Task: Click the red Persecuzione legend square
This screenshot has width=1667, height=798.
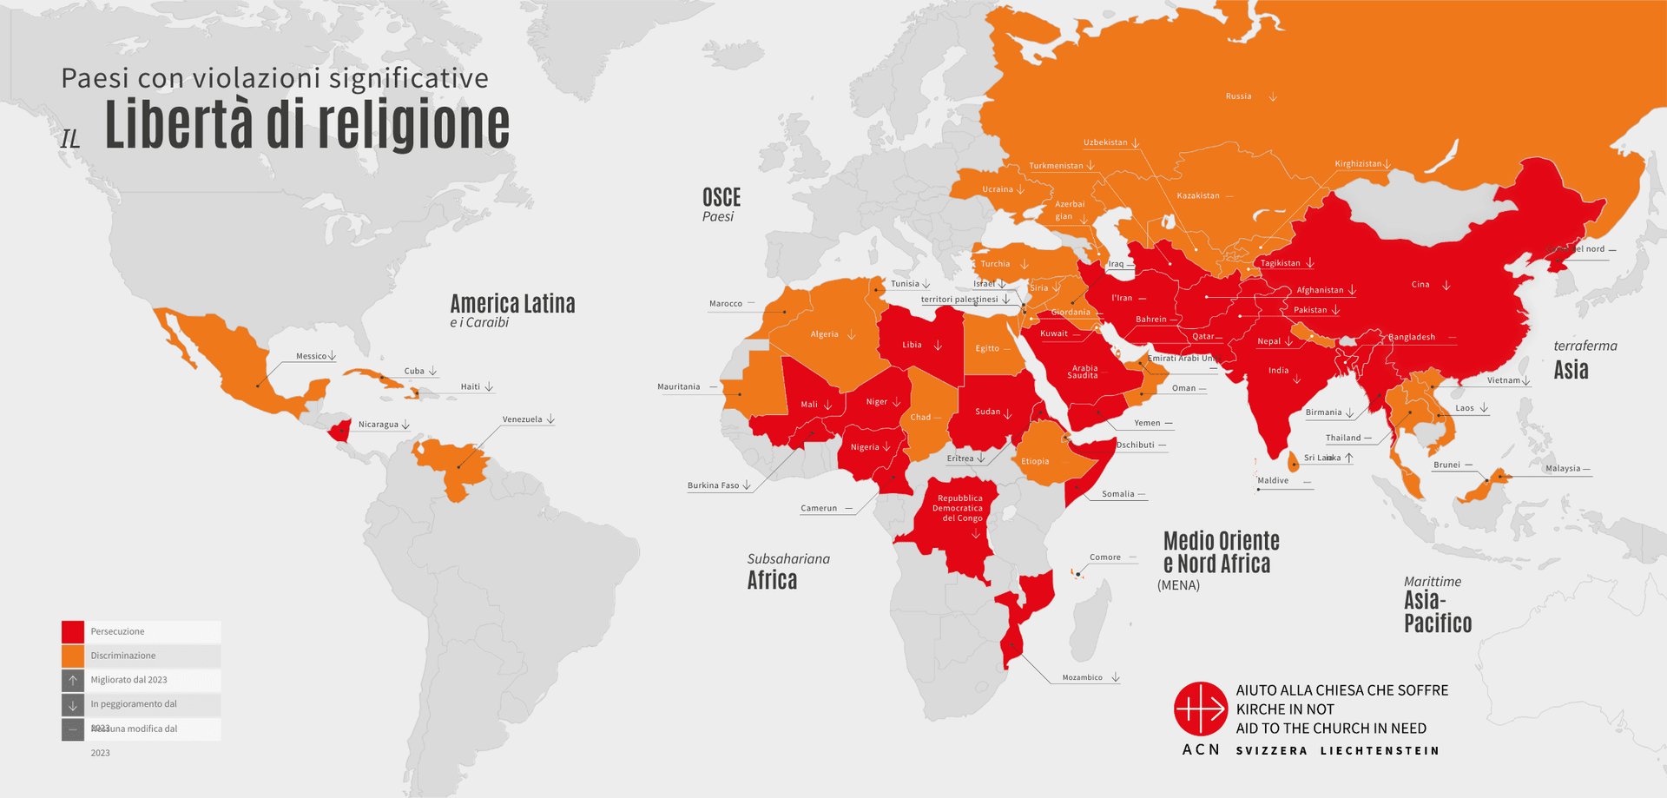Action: click(x=73, y=631)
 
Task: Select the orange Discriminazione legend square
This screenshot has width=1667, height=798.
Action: click(x=73, y=656)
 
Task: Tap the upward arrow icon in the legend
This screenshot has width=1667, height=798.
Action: click(x=73, y=680)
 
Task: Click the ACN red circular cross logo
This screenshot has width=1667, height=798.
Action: click(x=1200, y=709)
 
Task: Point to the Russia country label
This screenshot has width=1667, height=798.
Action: click(x=1238, y=96)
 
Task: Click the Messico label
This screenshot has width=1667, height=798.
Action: click(x=311, y=356)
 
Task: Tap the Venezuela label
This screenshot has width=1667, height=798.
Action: click(x=522, y=419)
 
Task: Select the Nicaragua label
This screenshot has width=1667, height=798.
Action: click(x=378, y=425)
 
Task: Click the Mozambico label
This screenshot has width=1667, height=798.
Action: click(x=1082, y=677)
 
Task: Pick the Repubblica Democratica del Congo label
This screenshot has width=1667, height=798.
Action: click(x=959, y=508)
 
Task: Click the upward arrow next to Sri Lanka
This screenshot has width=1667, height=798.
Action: click(x=1349, y=458)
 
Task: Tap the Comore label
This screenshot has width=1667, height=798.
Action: click(x=1105, y=557)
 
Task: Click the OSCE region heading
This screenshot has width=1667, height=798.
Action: click(x=721, y=198)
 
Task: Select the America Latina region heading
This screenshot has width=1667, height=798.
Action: click(x=512, y=304)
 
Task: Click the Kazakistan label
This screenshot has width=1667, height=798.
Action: click(x=1198, y=195)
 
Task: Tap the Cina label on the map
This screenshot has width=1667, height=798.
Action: click(x=1420, y=284)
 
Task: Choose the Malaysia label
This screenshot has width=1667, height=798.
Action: click(x=1563, y=468)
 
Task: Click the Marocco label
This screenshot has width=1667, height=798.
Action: click(x=725, y=304)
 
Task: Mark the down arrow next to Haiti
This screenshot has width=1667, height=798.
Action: click(x=490, y=386)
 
